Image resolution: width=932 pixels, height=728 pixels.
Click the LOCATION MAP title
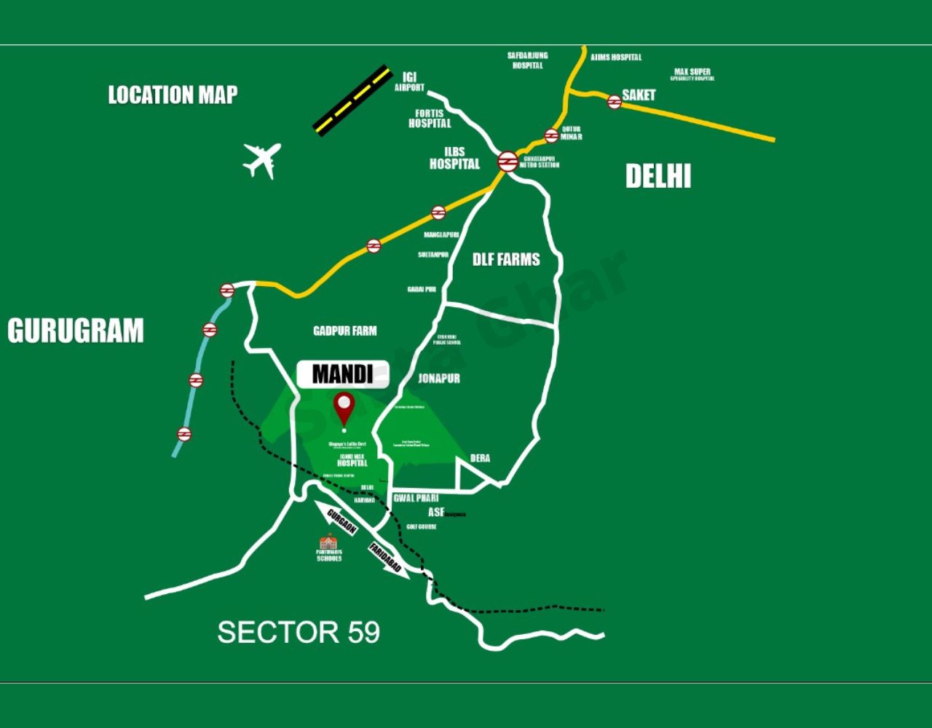(173, 95)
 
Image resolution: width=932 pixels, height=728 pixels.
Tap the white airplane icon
(262, 159)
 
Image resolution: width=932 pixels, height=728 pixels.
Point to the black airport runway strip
(353, 100)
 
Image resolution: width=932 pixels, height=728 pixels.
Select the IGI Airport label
(409, 82)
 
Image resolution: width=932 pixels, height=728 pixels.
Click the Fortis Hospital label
(430, 119)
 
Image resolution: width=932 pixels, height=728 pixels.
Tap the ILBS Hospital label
(454, 159)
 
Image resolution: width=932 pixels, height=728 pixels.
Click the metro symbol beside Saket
(615, 102)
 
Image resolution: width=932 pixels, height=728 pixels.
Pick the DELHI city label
(658, 176)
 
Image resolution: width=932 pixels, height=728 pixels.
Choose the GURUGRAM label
(76, 331)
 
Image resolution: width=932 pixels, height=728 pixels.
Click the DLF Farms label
(506, 259)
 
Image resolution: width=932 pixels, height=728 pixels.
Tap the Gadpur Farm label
(345, 331)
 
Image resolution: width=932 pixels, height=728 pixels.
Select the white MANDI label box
(342, 374)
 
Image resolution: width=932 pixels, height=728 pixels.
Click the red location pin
(344, 408)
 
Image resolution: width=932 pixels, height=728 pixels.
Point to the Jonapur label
(439, 379)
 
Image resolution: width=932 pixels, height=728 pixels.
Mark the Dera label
(480, 458)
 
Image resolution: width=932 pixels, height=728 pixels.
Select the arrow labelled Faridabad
(387, 559)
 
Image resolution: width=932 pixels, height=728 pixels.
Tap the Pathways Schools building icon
(328, 542)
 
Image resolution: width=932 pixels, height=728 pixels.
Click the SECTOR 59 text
(299, 632)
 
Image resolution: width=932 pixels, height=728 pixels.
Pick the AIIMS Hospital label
(616, 57)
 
